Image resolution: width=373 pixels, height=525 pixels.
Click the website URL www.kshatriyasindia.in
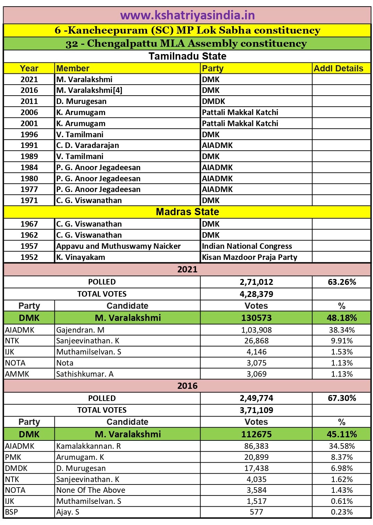187,15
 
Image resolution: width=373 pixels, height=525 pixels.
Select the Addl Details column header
338,68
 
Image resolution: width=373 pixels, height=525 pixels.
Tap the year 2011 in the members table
29,101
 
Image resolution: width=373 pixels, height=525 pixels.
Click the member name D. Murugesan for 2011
82,101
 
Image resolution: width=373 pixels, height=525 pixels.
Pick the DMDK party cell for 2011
214,101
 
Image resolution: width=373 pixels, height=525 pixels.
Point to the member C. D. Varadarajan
87,145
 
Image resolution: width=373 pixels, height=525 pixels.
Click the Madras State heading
187,212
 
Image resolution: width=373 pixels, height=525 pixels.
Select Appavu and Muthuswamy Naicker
118,246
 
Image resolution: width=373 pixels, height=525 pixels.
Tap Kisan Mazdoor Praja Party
249,257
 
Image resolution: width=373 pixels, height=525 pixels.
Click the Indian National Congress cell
247,246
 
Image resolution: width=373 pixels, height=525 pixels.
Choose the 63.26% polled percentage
342,282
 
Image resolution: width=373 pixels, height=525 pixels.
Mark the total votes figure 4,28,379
256,294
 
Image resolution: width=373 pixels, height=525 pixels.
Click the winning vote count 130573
256,318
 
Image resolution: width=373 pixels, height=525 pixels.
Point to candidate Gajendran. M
80,330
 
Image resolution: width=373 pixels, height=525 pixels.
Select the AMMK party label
17,374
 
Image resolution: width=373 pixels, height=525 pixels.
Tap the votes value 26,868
256,341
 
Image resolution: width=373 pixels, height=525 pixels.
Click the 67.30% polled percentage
342,398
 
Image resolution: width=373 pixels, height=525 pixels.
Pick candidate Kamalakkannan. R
88,446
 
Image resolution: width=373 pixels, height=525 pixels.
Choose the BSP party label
11,512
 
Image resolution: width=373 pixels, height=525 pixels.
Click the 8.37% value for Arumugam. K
342,457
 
